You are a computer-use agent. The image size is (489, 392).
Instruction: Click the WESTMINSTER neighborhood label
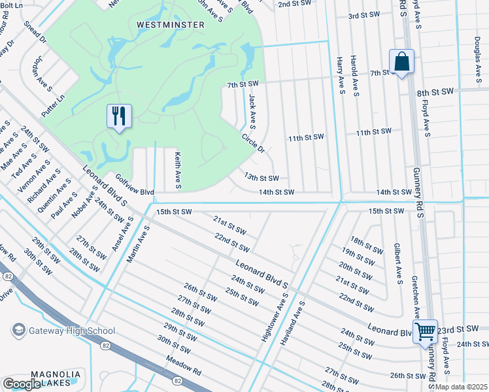[x=171, y=25]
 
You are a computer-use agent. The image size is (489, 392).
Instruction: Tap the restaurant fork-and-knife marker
[x=119, y=117]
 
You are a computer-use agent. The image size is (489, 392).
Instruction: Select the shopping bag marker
[x=401, y=63]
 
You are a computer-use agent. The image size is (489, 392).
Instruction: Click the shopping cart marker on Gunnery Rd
[x=425, y=331]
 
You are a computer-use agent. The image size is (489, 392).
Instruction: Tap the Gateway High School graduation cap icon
[x=18, y=330]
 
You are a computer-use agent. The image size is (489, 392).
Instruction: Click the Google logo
[x=22, y=384]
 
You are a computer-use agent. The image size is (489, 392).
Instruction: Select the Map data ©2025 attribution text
[x=462, y=387]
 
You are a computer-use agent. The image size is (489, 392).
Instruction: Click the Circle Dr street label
[x=253, y=144]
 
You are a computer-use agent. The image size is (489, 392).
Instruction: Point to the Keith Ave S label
[x=177, y=167]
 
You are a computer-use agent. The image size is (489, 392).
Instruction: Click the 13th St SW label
[x=261, y=178]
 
